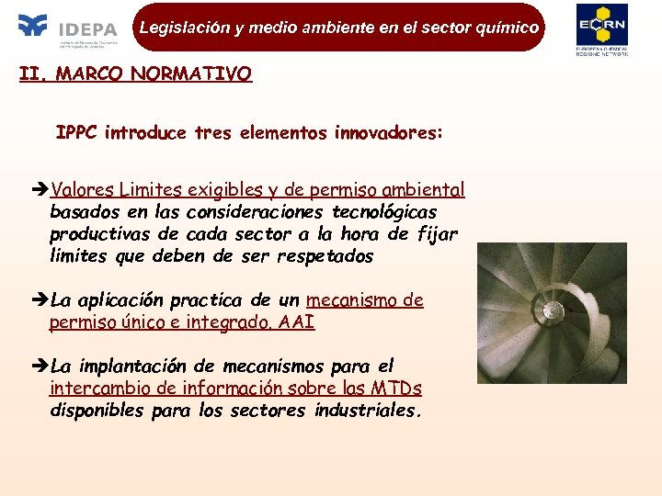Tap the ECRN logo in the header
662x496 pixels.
tap(601, 29)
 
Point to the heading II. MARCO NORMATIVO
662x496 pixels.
tap(135, 74)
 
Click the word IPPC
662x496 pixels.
tap(77, 133)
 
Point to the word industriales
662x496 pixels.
tap(368, 411)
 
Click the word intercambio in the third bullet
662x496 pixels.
tap(101, 389)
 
